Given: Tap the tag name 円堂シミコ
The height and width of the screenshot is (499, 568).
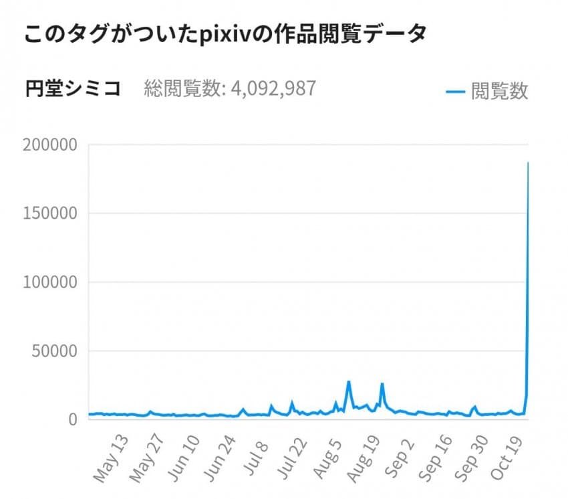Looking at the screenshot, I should tap(73, 89).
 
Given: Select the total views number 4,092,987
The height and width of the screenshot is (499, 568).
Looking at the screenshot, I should tap(273, 89).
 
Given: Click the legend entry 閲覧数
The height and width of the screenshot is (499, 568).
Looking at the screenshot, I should tap(499, 91).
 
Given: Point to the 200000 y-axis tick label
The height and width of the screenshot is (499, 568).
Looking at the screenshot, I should tap(51, 144).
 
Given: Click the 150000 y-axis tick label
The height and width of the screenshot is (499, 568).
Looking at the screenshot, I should tap(51, 213).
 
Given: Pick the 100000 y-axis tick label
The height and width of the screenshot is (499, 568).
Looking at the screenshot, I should tap(51, 282).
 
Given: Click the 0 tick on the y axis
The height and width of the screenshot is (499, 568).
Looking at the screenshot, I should tap(74, 419).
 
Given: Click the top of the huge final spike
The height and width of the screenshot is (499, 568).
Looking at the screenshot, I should tap(528, 163).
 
